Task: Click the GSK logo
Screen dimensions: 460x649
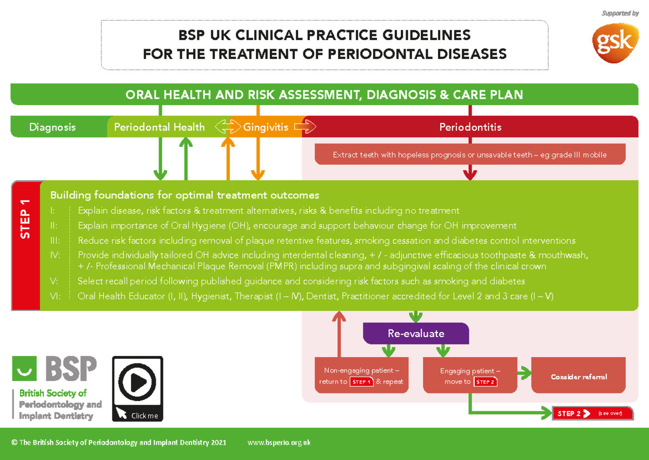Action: tap(616, 42)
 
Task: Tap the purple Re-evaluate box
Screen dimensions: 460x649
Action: tap(415, 333)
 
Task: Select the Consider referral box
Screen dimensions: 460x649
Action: tap(578, 377)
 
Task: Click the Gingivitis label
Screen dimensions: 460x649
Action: tap(266, 127)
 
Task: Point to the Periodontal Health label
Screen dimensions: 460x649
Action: tap(159, 127)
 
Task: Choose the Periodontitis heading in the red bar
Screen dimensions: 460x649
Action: tap(470, 127)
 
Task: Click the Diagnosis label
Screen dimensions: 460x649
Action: tap(52, 127)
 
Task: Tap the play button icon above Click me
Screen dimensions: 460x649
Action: tap(137, 383)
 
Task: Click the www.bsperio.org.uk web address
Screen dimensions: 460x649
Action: tap(279, 443)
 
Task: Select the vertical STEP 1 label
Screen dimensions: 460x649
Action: tap(25, 219)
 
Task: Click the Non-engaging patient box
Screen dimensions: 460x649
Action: tap(361, 376)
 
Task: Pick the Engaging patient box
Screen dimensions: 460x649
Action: tap(470, 376)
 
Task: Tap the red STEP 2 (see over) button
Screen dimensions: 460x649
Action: tap(592, 413)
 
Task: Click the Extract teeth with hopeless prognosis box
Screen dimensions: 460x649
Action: tap(469, 155)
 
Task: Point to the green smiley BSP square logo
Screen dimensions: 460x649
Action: tap(24, 368)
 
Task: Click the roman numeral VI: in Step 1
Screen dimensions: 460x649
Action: tap(55, 296)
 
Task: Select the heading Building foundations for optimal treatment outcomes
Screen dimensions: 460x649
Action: tap(184, 195)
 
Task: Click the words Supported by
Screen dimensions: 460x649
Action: tap(620, 14)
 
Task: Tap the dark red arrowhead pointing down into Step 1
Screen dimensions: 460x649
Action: tap(470, 174)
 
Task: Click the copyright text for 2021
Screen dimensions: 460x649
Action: tap(118, 443)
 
